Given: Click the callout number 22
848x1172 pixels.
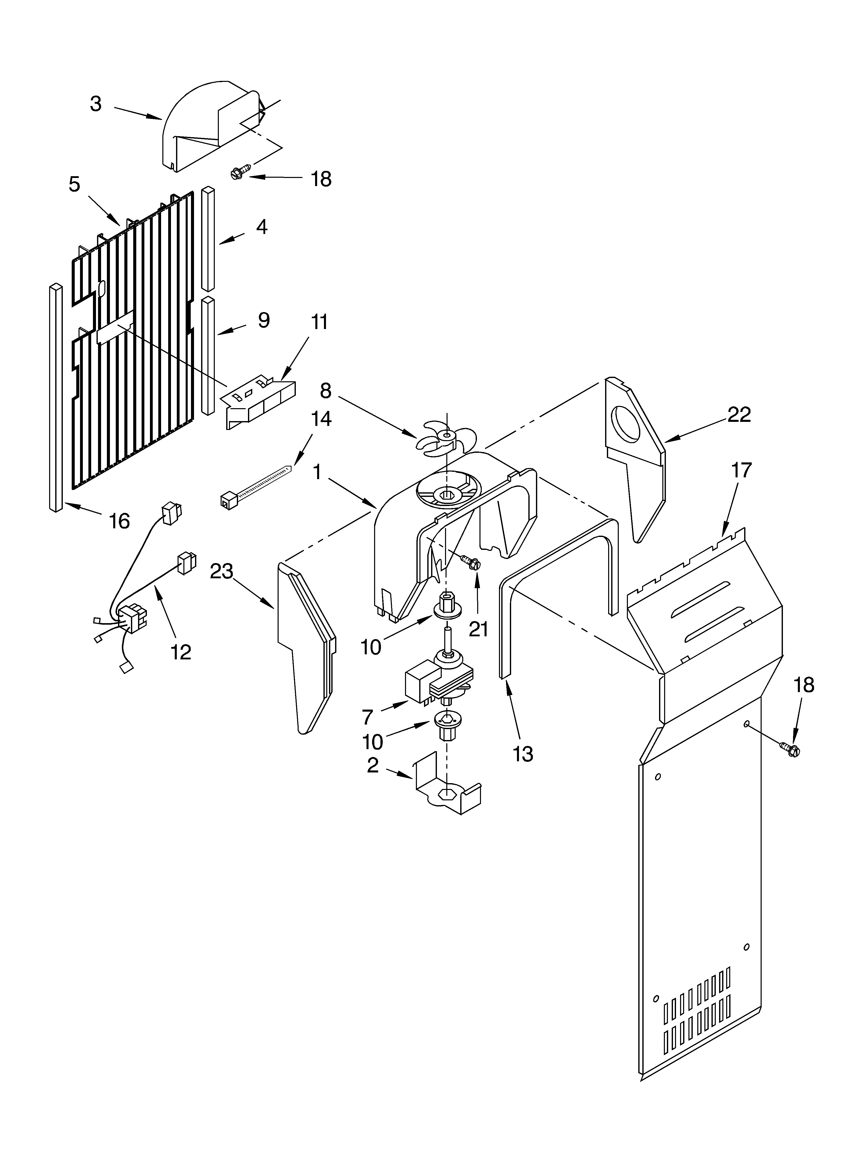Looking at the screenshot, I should (x=739, y=414).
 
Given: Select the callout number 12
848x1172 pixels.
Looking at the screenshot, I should (x=181, y=652).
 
